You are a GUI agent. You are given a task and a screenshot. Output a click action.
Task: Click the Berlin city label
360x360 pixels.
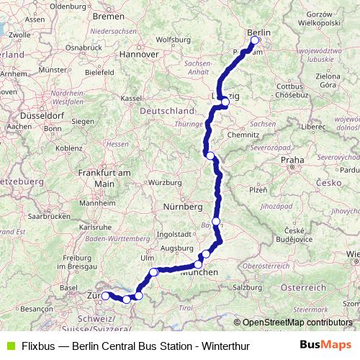(x=259, y=33)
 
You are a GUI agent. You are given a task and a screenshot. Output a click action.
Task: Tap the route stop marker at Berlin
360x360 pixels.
(x=254, y=41)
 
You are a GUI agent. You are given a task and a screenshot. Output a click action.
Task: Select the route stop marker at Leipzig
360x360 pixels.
(x=225, y=102)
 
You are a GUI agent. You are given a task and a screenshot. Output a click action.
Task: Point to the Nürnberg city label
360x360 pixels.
(x=183, y=207)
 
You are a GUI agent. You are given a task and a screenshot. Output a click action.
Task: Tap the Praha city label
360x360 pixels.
(x=292, y=160)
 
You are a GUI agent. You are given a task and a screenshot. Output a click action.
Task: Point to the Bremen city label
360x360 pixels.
(x=109, y=15)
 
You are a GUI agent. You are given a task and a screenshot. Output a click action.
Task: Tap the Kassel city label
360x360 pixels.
(x=130, y=97)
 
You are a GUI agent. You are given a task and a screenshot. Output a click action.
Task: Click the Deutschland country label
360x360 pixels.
(x=167, y=111)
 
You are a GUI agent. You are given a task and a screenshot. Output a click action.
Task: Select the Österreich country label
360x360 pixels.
(x=303, y=287)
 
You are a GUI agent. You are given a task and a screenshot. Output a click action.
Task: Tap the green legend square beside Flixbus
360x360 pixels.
(x=9, y=346)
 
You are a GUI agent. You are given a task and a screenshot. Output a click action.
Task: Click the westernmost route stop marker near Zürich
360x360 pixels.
(x=105, y=296)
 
